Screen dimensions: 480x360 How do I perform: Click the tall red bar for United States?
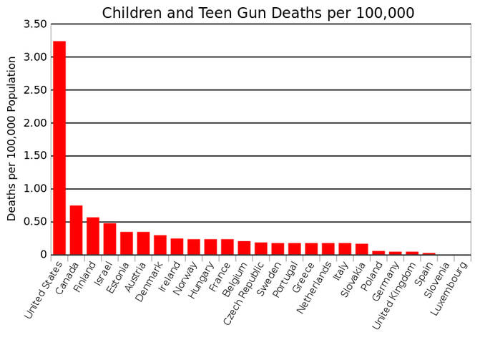click(59, 147)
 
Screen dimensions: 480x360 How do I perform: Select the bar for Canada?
click(77, 230)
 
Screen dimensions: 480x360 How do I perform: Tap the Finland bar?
click(93, 236)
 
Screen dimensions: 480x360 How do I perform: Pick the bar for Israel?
click(110, 238)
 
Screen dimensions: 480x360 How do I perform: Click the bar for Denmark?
click(160, 245)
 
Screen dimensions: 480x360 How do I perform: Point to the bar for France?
click(227, 247)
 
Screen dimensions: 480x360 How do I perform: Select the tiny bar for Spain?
click(429, 253)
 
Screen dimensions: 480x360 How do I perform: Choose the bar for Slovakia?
click(362, 249)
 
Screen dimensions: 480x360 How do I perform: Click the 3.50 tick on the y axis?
click(35, 24)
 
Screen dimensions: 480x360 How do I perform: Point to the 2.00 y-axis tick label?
click(35, 123)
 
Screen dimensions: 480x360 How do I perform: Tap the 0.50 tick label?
click(35, 222)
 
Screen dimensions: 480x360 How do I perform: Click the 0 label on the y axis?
click(44, 255)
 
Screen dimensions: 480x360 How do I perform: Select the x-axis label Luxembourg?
click(449, 288)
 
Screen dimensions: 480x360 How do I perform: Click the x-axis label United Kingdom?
click(395, 296)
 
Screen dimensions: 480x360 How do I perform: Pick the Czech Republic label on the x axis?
click(244, 293)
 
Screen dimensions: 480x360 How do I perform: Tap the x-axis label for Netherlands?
click(314, 288)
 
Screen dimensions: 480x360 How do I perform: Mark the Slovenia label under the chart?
click(437, 280)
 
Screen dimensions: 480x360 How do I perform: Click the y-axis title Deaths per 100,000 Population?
click(11, 139)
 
